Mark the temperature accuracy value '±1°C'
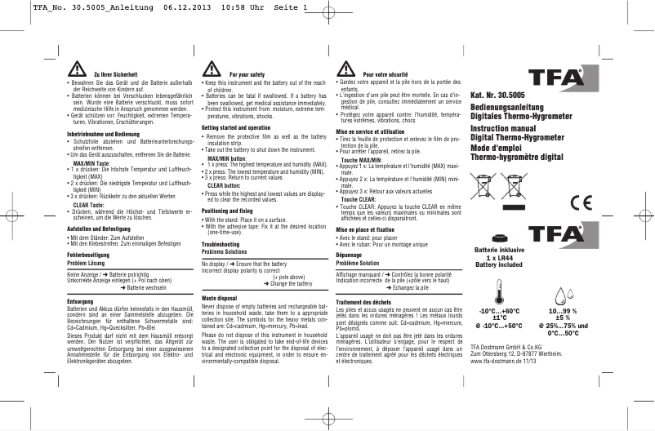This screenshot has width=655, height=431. (499, 318)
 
